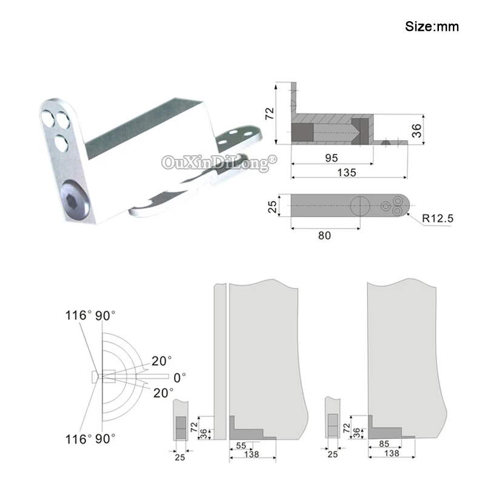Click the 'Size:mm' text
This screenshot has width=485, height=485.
[432, 27]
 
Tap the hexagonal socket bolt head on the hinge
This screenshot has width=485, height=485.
[75, 201]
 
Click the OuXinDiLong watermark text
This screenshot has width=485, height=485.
[219, 162]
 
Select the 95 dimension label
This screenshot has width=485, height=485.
[331, 158]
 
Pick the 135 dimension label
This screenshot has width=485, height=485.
[347, 172]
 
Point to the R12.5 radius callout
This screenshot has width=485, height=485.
[438, 218]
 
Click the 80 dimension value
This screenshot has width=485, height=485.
[324, 236]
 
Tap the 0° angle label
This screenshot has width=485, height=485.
[179, 378]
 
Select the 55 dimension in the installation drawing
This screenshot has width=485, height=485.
[241, 446]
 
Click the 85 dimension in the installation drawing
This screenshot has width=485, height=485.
[384, 444]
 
